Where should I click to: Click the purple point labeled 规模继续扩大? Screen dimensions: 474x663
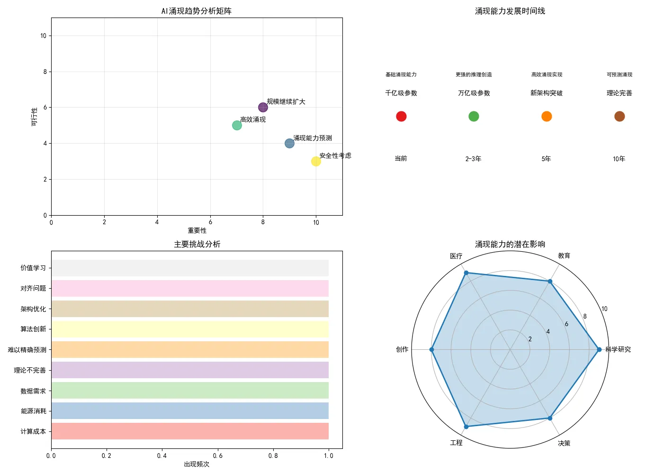[263, 108]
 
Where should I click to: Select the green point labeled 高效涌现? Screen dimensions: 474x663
[237, 126]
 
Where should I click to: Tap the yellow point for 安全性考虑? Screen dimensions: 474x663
[316, 162]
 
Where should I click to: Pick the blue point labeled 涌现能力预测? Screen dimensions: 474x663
[289, 144]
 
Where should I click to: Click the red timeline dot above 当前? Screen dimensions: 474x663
[401, 117]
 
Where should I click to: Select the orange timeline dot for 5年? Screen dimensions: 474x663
[547, 117]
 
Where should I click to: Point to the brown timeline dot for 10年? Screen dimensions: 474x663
[619, 117]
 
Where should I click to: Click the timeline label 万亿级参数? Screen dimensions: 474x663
[474, 93]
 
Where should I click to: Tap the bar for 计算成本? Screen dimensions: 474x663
[189, 431]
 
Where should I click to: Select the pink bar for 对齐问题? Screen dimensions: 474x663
[189, 289]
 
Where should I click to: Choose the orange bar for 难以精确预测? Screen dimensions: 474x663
[189, 350]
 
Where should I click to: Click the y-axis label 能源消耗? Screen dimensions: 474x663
[33, 411]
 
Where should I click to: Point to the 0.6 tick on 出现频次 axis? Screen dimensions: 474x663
[217, 456]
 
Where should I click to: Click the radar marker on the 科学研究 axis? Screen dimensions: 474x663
[599, 350]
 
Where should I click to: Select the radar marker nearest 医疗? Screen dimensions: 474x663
[466, 273]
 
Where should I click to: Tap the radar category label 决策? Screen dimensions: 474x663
[564, 443]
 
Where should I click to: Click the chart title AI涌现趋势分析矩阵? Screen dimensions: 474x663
[197, 11]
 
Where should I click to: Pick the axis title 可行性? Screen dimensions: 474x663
[34, 117]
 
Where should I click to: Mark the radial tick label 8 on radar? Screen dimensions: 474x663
[585, 317]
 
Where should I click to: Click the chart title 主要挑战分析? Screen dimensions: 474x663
[197, 244]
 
